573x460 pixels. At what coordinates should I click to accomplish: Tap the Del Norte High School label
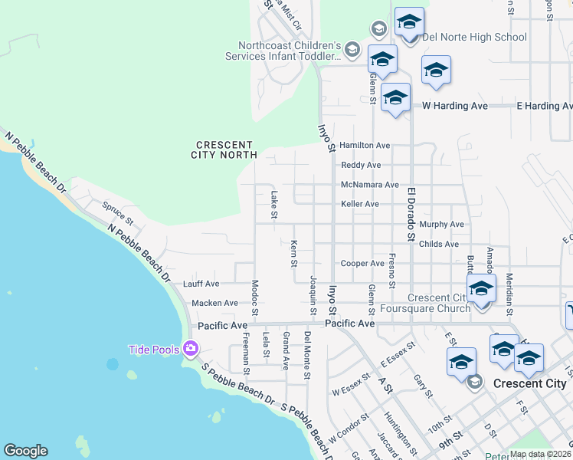[474, 37]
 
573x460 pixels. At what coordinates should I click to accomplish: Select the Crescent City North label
[224, 149]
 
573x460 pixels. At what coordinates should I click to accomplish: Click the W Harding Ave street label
[456, 106]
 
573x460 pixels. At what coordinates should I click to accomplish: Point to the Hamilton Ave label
[365, 145]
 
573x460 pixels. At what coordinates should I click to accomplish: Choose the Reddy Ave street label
[361, 165]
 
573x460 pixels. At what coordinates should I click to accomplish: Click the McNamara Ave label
[370, 185]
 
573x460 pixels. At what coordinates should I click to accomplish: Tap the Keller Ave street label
[360, 204]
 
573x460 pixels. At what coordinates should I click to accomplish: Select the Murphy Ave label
[442, 224]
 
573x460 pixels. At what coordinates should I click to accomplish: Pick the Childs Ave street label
[439, 244]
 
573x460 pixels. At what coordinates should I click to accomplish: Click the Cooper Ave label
[362, 263]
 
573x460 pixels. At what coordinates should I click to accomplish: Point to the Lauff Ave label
[201, 284]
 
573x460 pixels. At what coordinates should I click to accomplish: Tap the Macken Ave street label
[215, 304]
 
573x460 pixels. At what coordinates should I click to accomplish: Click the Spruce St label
[119, 213]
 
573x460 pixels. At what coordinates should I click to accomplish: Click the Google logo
[25, 451]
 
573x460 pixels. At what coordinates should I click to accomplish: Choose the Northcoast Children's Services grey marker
[352, 51]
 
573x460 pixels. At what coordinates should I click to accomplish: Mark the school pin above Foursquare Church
[481, 289]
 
